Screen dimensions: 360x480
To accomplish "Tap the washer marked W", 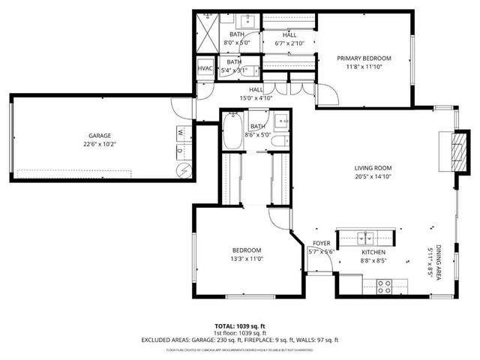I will click(181, 132).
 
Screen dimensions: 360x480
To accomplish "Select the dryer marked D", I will click(181, 150).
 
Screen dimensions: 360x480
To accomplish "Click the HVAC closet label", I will click(205, 68).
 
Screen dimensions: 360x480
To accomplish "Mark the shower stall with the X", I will click(207, 33).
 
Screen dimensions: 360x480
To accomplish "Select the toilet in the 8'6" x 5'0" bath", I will click(279, 141).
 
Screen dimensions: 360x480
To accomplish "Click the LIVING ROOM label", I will click(373, 168).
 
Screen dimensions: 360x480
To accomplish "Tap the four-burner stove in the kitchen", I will click(384, 286).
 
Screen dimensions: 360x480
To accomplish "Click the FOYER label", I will click(322, 243).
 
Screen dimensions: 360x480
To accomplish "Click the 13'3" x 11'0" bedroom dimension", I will click(246, 259).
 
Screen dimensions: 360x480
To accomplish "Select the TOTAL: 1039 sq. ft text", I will click(239, 326).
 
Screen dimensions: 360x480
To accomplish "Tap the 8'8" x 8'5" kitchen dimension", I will click(373, 261).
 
